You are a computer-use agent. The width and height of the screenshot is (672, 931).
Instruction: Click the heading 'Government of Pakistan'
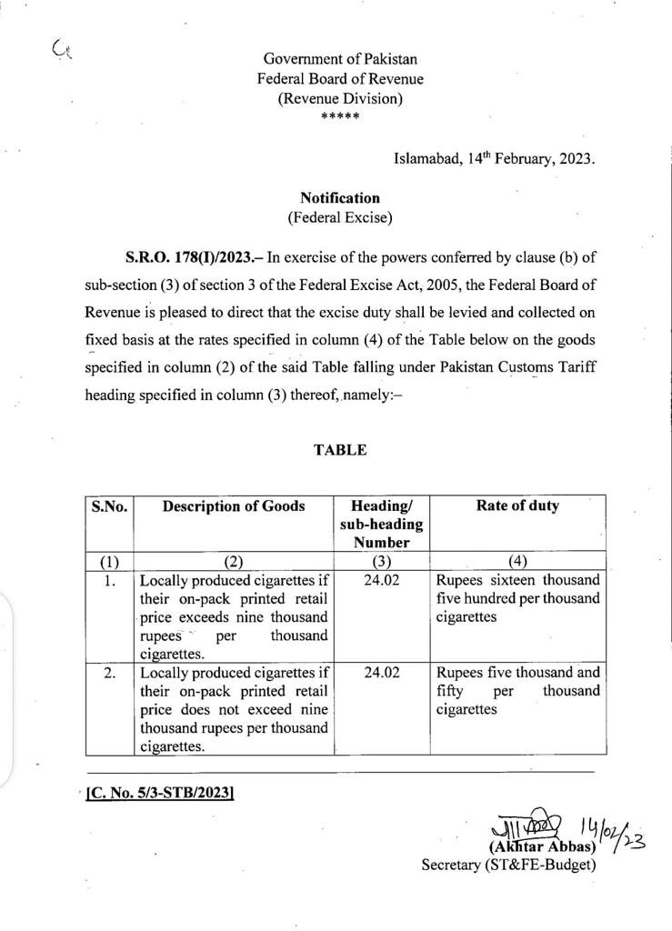pos(339,59)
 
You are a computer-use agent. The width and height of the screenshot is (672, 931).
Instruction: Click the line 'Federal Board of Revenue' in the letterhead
pos(339,79)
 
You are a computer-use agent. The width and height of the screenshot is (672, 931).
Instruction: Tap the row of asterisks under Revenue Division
pos(339,117)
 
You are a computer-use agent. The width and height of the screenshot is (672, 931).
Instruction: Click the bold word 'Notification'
pos(339,197)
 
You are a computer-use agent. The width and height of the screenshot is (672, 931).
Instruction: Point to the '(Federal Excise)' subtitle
pos(339,217)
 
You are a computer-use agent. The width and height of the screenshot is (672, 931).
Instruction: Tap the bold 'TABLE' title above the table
pos(340,450)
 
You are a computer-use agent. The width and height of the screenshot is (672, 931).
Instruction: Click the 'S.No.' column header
pos(109,507)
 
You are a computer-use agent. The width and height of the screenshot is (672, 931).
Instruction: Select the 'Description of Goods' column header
pos(234,507)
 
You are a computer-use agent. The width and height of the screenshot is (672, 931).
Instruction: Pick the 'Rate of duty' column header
pos(517,506)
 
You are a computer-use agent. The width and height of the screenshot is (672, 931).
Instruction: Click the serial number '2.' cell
pos(109,674)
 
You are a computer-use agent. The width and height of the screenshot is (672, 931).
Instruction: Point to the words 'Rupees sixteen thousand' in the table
pos(517,580)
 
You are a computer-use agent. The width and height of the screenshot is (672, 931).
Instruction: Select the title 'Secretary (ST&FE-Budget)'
pos(508,865)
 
